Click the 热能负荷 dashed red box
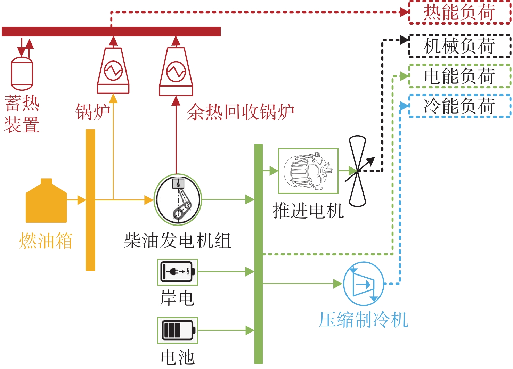[459, 13]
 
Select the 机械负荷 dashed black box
[459, 46]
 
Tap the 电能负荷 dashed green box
[459, 76]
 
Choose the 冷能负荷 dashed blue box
[459, 106]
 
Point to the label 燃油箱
[46, 240]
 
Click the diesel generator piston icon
[178, 200]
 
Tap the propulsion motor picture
[308, 171]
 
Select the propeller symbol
[358, 171]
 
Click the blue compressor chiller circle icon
[364, 284]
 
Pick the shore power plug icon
[177, 272]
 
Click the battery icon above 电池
[177, 330]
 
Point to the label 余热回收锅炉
[241, 112]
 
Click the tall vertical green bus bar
[258, 254]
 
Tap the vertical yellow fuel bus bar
[90, 200]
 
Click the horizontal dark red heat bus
[111, 32]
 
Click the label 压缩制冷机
[363, 320]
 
